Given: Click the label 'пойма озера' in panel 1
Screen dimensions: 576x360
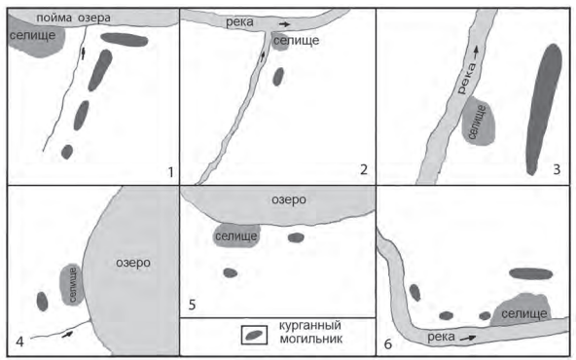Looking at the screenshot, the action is [x=73, y=18].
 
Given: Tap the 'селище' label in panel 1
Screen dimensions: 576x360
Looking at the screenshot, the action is [x=32, y=35].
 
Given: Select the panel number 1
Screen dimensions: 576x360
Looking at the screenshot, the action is [x=170, y=172].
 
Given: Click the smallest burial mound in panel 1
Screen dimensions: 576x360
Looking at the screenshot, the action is [x=67, y=152].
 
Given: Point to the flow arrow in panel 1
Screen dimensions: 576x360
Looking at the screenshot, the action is [x=83, y=54].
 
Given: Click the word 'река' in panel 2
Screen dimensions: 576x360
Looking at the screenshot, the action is [x=239, y=22].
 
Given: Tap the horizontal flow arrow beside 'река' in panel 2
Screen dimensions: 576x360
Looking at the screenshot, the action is [x=284, y=24].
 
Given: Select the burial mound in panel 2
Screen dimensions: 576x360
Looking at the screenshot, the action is [x=278, y=77].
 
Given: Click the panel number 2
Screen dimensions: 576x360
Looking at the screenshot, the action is [x=364, y=169].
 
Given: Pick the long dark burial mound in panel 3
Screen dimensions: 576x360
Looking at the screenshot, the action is [x=544, y=109].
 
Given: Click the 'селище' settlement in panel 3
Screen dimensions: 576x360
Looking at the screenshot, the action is [x=479, y=121].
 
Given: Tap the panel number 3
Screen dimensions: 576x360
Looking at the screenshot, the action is [x=557, y=169].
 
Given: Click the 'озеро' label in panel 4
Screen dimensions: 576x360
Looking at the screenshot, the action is [x=133, y=263].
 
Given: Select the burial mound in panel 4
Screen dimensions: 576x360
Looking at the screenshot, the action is [x=42, y=302].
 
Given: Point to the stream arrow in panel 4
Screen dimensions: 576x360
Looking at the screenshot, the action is [x=67, y=334].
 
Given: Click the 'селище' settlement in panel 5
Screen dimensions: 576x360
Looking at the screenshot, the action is [x=236, y=235].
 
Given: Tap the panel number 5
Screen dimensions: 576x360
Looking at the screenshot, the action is [x=192, y=305].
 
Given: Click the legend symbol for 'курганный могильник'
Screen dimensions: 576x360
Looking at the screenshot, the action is [x=254, y=335].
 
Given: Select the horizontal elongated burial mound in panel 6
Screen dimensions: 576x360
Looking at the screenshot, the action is [x=531, y=273].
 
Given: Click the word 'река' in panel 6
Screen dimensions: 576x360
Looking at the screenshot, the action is [x=441, y=337].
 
